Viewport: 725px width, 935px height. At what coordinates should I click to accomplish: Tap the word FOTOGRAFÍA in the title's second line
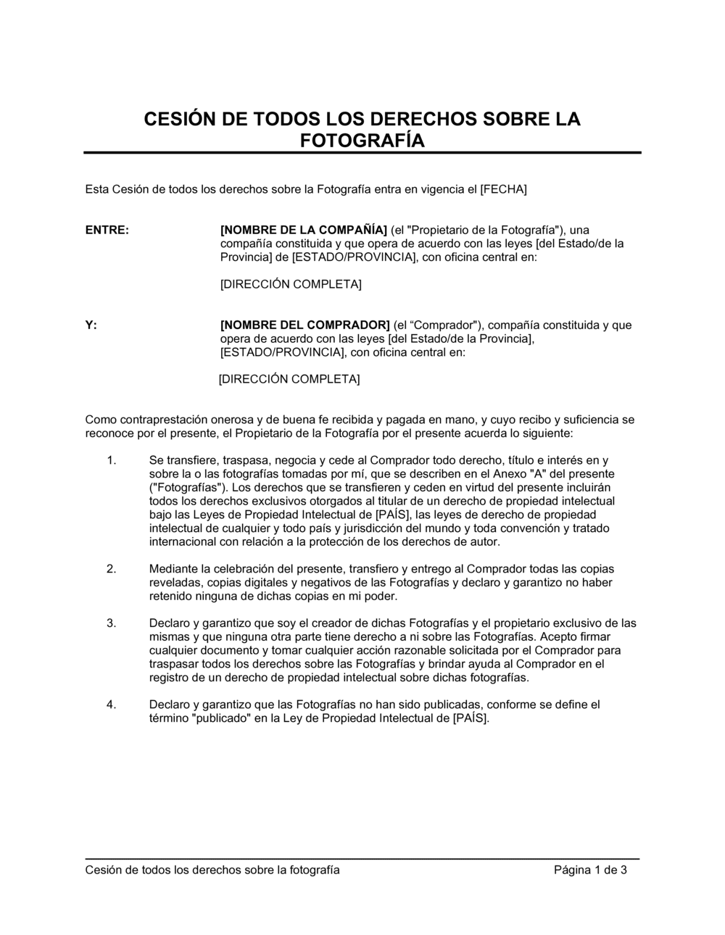coord(362,141)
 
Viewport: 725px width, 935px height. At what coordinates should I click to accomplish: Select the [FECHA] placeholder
coord(503,190)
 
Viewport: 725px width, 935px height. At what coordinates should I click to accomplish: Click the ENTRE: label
coord(107,230)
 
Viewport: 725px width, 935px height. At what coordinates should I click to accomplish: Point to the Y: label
coord(91,325)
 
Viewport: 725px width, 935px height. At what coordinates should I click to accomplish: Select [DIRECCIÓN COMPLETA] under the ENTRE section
coord(291,285)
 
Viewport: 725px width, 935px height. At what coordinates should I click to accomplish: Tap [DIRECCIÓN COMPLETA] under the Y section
coord(289,380)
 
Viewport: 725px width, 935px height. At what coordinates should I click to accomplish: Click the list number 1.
coord(111,460)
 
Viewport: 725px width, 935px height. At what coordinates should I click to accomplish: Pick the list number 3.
coord(111,623)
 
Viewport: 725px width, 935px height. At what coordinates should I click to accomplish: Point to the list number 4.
coord(111,705)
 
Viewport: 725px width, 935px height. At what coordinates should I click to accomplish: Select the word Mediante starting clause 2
coord(173,569)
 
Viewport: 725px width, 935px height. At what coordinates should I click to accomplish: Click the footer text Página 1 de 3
coord(590,870)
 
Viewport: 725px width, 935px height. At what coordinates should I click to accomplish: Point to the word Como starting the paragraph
coord(100,420)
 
